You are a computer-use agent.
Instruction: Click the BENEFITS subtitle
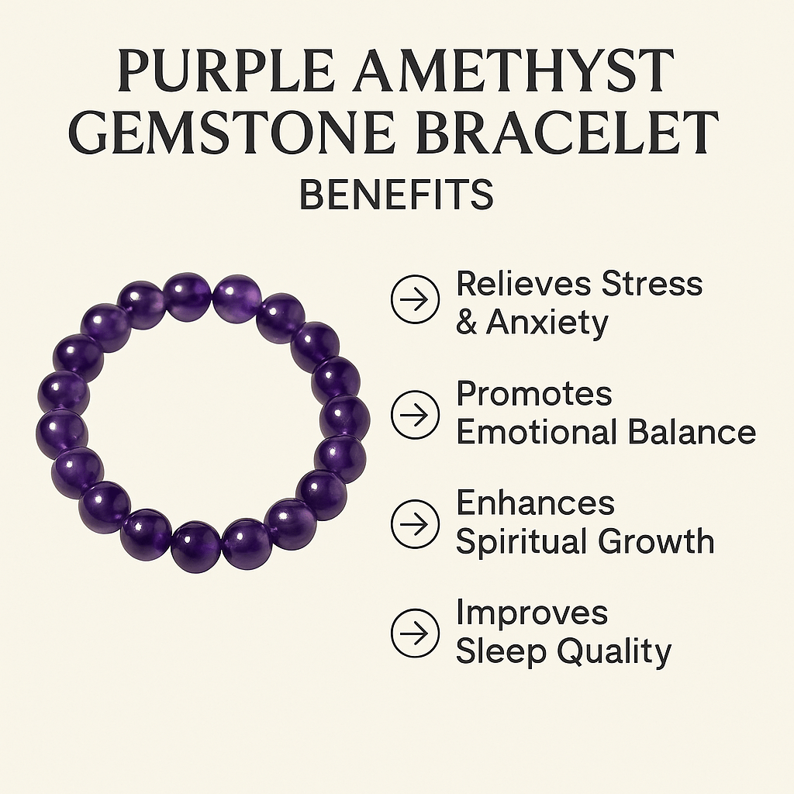(x=396, y=194)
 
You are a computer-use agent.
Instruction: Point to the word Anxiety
(x=547, y=323)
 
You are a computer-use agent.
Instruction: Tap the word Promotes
(x=533, y=395)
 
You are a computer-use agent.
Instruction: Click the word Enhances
(x=535, y=503)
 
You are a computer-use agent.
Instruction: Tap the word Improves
(x=532, y=613)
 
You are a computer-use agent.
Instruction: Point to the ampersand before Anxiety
(x=467, y=323)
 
